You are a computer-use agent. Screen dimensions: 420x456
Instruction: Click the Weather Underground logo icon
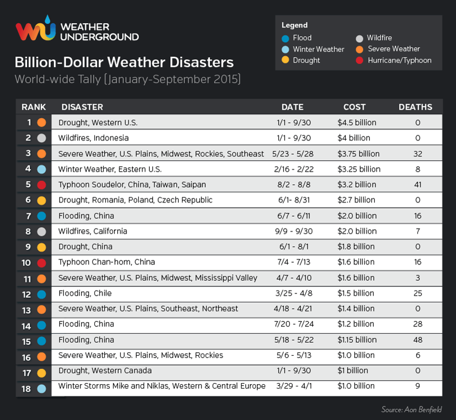coord(35,29)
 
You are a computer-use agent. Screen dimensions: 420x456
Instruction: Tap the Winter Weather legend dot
coord(286,49)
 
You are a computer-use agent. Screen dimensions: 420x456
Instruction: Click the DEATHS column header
coord(415,107)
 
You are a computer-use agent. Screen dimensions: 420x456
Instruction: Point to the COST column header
coord(354,107)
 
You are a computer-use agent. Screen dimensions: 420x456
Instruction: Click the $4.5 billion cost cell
coord(357,123)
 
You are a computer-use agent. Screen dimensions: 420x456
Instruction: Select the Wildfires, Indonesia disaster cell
coord(94,138)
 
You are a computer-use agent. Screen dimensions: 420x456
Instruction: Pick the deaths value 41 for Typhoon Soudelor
coord(417,185)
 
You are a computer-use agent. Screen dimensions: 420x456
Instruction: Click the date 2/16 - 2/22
coord(292,169)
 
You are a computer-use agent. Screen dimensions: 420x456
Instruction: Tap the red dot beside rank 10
coord(41,263)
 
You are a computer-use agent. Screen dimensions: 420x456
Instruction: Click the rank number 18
coord(26,389)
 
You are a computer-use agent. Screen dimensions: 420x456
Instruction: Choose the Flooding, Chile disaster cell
coord(85,293)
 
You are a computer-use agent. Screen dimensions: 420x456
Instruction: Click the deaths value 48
coord(417,340)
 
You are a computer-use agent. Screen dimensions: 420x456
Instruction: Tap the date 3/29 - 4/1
coord(292,386)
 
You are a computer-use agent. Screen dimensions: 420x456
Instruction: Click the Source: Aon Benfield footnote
coord(411,410)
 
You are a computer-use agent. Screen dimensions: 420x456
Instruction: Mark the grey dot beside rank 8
coord(41,232)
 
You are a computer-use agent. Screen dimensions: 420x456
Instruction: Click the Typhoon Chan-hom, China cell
coord(107,262)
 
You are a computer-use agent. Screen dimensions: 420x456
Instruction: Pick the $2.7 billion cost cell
coord(356,200)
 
